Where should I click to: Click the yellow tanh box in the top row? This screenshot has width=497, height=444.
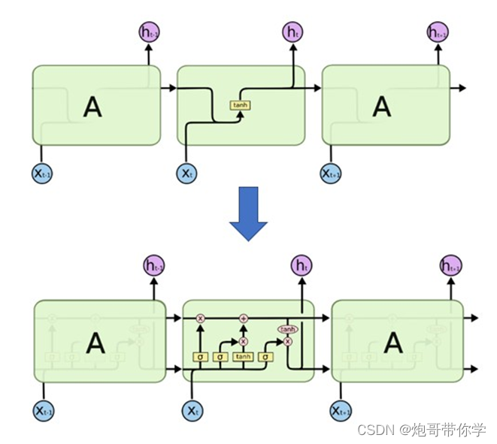point(240,105)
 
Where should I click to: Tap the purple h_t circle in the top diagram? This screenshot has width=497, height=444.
point(292,32)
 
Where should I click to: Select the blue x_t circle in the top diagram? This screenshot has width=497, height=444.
point(186,174)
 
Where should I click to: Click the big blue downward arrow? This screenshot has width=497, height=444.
point(248,213)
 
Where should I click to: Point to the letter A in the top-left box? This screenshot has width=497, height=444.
point(92,107)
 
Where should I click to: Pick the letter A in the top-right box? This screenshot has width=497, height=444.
point(382,107)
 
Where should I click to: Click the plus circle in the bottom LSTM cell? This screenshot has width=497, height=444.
point(243,319)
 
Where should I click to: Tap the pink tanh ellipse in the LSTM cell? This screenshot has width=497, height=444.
point(288,329)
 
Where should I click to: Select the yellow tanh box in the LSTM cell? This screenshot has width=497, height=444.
point(243,357)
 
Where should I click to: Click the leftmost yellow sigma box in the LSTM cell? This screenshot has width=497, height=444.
point(200,357)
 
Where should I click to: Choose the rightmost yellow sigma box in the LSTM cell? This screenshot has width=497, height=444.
point(265,357)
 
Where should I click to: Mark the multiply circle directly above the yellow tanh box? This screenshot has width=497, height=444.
point(243,340)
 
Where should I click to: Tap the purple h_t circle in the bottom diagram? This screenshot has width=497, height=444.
point(302,264)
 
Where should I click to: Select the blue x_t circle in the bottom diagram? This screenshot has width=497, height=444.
point(193,410)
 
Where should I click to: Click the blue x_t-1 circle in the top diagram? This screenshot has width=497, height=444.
point(43,174)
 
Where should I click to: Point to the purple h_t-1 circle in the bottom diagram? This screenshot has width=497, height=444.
point(154,264)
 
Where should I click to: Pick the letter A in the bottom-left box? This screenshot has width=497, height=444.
point(95,343)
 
